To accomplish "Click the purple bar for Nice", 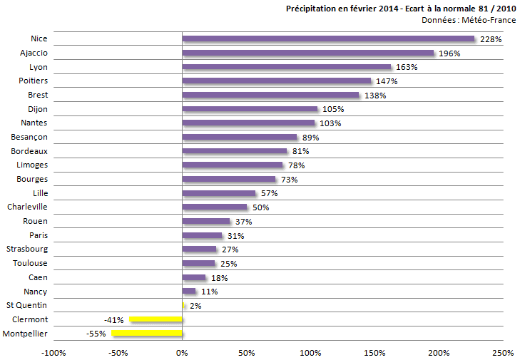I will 328,38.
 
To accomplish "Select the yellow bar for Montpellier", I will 147,333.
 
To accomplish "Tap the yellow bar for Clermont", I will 156,319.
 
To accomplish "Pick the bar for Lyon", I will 287,67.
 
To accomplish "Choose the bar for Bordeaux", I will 235,151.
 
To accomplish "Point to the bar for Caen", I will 194,277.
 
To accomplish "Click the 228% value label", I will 491,39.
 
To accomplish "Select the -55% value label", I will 96,334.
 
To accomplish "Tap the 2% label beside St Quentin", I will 195,306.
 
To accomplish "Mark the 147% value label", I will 387,81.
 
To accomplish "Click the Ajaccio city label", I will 34,53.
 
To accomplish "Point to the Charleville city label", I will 27,207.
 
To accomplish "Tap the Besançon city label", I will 29,137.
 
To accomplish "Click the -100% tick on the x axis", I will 53,353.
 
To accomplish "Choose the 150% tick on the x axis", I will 374,353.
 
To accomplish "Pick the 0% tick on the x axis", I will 183,353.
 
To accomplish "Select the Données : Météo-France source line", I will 469,20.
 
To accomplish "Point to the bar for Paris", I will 203,235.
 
